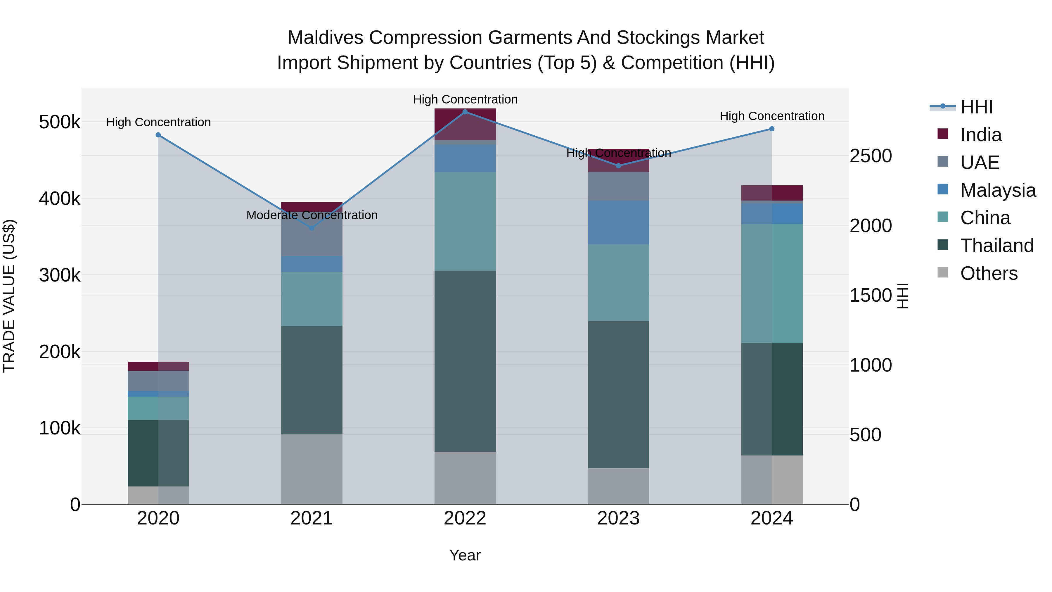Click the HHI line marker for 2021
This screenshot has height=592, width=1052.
[x=312, y=228]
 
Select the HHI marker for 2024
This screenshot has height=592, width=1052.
[x=771, y=129]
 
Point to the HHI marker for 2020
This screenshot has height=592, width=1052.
[x=158, y=135]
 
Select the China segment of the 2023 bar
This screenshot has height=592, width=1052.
[x=618, y=282]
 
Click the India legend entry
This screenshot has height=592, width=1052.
[x=980, y=135]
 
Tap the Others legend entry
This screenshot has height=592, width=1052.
[x=988, y=273]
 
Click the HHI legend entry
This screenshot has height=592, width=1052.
[x=976, y=107]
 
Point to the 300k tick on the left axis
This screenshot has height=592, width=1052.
[x=60, y=275]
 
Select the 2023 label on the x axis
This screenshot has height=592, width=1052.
[x=618, y=518]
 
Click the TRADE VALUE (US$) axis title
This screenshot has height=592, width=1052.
[x=9, y=296]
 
